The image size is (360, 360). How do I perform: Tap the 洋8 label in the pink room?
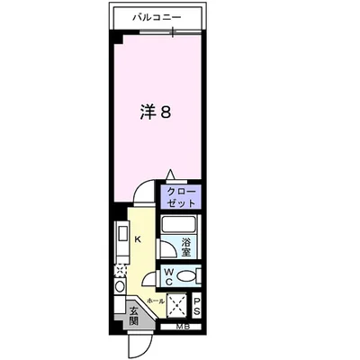coord(155,114)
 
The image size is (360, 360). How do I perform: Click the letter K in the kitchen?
coord(138,239)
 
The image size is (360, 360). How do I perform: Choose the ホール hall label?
coord(154,301)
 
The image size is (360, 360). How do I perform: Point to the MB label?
coord(183,326)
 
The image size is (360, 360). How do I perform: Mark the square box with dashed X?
coord(177,305)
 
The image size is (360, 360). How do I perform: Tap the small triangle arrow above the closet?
coord(168,176)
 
